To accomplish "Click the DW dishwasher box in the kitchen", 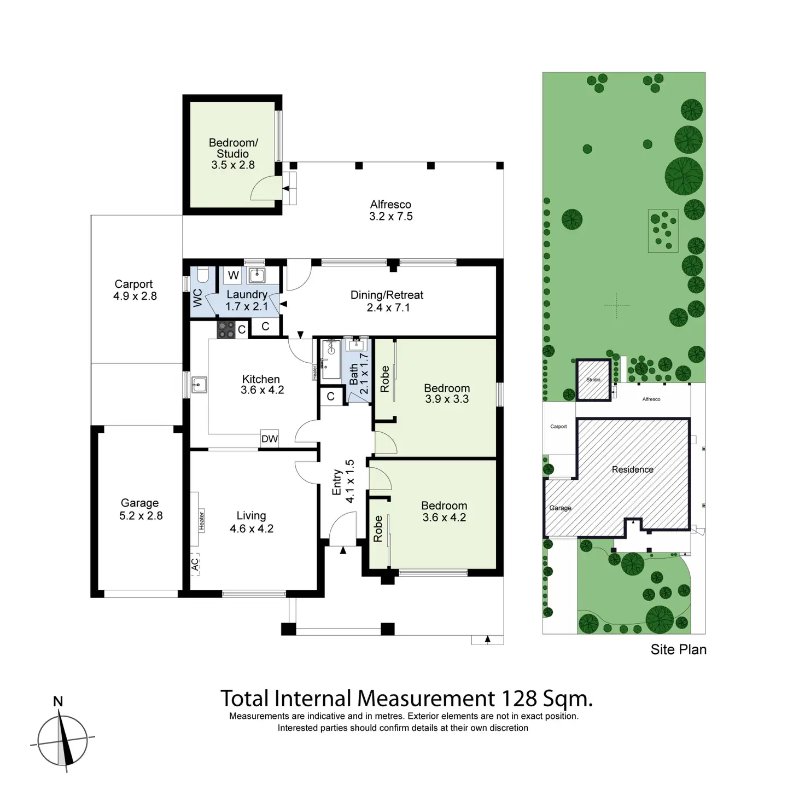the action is click(x=270, y=438).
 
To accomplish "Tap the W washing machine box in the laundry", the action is click(x=234, y=275).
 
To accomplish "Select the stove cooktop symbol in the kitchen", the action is click(x=226, y=329).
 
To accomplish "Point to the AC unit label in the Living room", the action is click(x=195, y=564).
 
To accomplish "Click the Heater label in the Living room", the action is click(x=201, y=520).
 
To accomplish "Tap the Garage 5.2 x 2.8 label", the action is click(x=141, y=509).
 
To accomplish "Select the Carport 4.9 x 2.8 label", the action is click(x=135, y=290).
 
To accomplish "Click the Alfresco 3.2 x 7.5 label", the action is click(x=390, y=211).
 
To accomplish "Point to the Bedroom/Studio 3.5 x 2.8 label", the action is click(x=233, y=154).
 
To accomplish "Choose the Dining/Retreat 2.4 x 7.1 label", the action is click(x=387, y=301).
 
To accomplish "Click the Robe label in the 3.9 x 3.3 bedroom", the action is click(x=384, y=379).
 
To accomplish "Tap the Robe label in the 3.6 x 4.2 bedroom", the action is click(x=378, y=529).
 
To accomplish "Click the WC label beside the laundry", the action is click(x=198, y=298).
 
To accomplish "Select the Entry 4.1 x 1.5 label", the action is click(x=343, y=481).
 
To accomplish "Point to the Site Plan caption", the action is click(x=678, y=649).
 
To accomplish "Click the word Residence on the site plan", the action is click(x=632, y=469).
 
